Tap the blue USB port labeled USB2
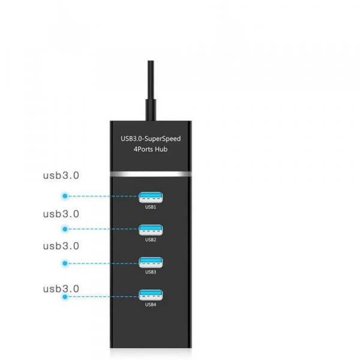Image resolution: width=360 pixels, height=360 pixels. [x=151, y=229]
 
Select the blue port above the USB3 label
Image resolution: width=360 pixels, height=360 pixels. [x=151, y=262]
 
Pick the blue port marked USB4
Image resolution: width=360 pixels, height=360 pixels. [x=151, y=295]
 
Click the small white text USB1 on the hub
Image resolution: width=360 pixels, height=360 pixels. [x=151, y=207]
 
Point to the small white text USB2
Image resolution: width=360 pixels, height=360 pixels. [x=151, y=240]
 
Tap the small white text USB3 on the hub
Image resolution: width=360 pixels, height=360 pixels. [x=151, y=272]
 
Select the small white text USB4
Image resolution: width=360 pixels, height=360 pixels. [x=151, y=305]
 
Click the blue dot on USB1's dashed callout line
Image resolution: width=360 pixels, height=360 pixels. [x=65, y=196]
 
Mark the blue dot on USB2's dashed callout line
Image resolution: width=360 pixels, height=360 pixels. [x=65, y=229]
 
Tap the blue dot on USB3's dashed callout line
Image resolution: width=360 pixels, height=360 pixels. [x=65, y=262]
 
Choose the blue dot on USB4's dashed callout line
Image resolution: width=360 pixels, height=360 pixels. [x=65, y=295]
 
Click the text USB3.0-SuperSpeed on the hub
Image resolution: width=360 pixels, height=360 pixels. [x=151, y=139]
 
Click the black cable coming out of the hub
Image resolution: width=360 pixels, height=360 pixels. [x=151, y=90]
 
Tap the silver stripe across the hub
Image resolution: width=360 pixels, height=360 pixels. [x=151, y=173]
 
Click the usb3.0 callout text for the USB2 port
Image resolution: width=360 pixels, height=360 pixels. [x=61, y=214]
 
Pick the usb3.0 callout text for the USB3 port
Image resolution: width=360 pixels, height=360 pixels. [x=61, y=245]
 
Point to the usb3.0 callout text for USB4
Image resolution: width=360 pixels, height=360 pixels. [x=61, y=289]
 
